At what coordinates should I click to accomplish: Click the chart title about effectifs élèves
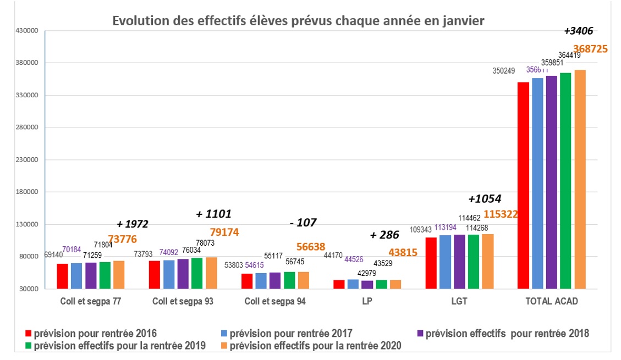(299, 21)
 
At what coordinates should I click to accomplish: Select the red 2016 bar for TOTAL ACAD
(523, 185)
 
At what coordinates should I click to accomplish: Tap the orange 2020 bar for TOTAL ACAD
(580, 179)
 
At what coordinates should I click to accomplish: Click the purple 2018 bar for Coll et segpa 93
(183, 274)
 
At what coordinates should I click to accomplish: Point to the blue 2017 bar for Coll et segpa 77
(76, 276)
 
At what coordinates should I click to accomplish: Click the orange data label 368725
(590, 49)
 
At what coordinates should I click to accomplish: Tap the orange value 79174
(224, 232)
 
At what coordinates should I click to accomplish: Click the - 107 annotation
(303, 223)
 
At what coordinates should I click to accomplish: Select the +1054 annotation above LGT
(485, 199)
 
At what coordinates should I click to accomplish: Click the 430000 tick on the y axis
(25, 31)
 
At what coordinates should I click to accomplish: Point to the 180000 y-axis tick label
(25, 192)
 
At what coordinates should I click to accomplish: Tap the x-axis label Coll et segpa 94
(275, 301)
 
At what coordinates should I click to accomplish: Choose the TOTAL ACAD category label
(551, 301)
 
